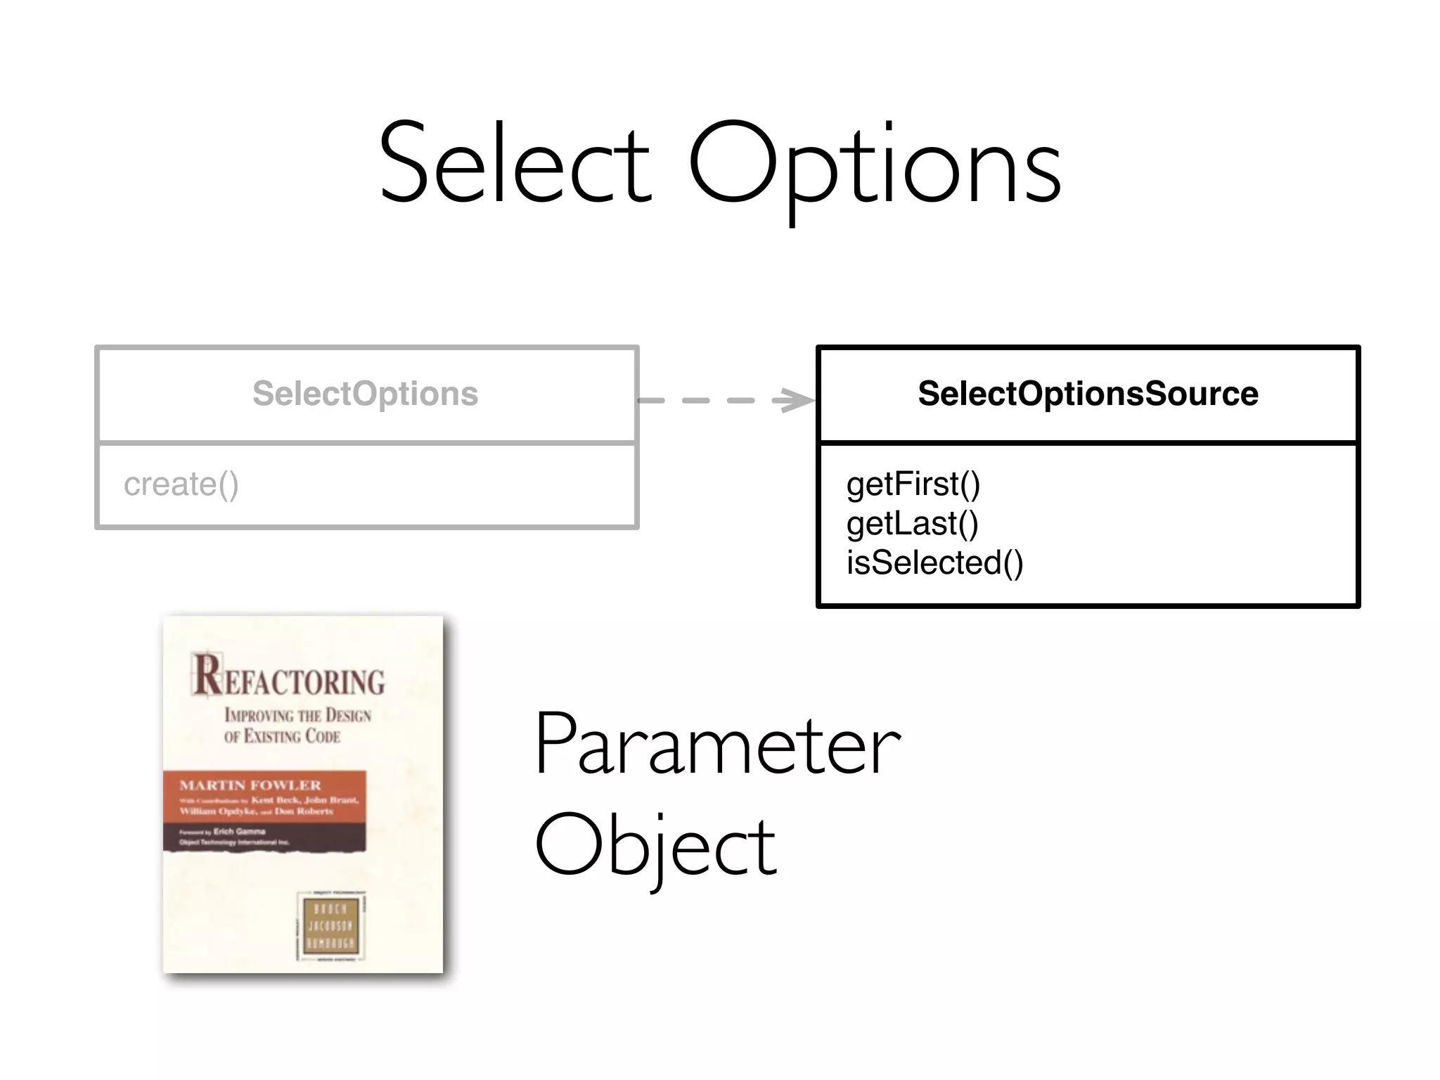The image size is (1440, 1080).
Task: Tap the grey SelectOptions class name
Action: click(365, 394)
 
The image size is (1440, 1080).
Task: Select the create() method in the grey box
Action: click(181, 484)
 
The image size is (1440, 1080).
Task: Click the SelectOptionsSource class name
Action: click(1088, 394)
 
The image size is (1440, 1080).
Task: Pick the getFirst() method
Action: click(913, 484)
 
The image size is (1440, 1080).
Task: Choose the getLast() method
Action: click(912, 524)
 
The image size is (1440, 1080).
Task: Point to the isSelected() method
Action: click(934, 563)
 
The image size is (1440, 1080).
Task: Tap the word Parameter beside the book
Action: click(717, 745)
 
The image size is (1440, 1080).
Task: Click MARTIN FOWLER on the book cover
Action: click(250, 785)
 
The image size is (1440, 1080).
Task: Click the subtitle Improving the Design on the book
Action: click(297, 716)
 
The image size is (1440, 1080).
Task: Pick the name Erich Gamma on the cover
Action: click(239, 832)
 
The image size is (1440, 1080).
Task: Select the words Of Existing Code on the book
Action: click(282, 737)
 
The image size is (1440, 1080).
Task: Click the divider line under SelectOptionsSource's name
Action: click(1088, 442)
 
